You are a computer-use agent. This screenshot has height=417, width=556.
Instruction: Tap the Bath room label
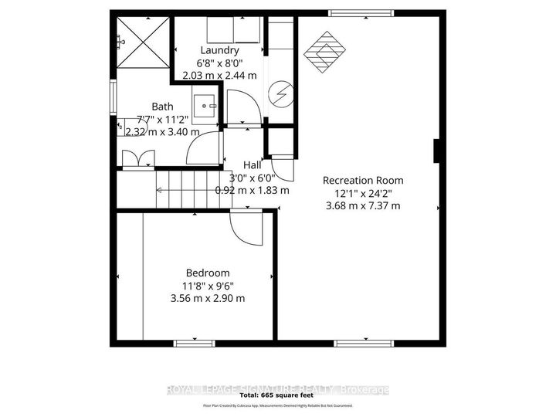(162, 107)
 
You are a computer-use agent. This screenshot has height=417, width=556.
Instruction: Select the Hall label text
(253, 164)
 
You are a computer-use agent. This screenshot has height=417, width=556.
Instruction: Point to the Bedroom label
(208, 273)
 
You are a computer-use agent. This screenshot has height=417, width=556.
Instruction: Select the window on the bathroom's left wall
(114, 98)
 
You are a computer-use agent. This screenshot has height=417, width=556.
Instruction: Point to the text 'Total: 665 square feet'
(277, 396)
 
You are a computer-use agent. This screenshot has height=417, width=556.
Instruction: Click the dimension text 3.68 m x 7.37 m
(363, 205)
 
